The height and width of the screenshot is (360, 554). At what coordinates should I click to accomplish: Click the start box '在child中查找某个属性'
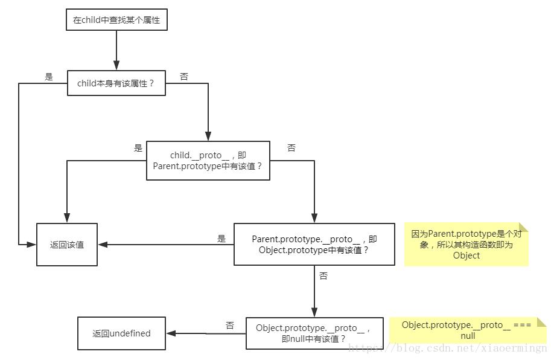[x=116, y=20]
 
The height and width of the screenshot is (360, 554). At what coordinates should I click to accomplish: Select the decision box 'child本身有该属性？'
[x=116, y=84]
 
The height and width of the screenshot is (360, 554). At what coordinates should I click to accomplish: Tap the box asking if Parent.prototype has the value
[x=208, y=160]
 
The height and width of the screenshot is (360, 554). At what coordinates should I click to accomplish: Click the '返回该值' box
[x=67, y=245]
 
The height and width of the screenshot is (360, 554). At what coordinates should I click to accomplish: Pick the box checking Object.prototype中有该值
[x=314, y=244]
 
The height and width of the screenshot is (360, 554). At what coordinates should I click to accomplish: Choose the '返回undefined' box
[x=121, y=333]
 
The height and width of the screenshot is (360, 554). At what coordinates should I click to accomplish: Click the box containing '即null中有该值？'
[x=314, y=333]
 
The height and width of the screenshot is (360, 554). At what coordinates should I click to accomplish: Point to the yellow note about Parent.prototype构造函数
[x=466, y=244]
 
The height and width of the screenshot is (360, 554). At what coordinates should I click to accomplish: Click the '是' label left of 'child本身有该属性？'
[x=49, y=77]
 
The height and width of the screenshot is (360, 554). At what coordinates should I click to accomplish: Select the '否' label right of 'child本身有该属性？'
[x=184, y=77]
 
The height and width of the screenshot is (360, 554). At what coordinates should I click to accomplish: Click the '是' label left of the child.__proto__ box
[x=138, y=148]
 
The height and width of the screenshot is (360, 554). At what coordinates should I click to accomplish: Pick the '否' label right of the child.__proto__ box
[x=291, y=148]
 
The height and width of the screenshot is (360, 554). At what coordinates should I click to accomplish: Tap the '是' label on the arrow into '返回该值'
[x=221, y=239]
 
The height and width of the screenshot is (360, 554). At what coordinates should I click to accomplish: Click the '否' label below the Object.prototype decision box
[x=323, y=275]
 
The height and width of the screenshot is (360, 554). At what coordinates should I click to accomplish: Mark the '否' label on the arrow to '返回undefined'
[x=230, y=326]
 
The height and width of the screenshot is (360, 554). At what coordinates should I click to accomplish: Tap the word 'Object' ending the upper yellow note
[x=466, y=256]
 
